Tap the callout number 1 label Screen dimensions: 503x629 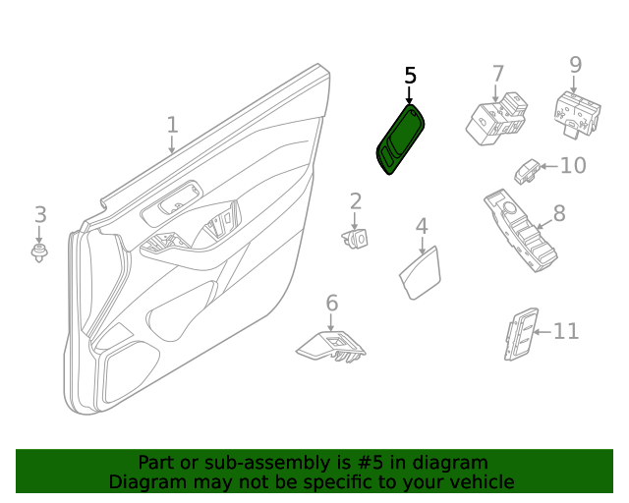coord(172,125)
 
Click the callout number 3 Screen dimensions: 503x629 coord(40,214)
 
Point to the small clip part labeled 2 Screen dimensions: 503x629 coord(357,238)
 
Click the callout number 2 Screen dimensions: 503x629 coord(356,202)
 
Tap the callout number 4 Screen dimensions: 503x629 coord(421,226)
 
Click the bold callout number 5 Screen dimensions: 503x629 coord(411,76)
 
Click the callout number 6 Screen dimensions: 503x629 coord(331,303)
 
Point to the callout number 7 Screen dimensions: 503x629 coord(498,73)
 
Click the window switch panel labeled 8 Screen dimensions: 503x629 coord(520,233)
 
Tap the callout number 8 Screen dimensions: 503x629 coord(558,213)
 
